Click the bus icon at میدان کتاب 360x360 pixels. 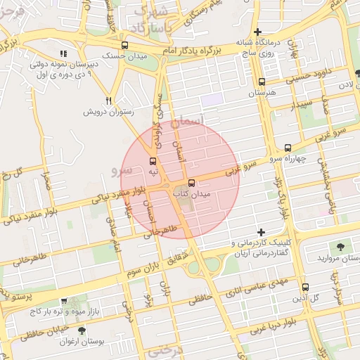pos(192,184)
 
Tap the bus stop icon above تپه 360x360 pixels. pos(153,161)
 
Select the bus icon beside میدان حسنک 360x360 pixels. pos(124,44)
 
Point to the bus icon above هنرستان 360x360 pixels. pos(262,82)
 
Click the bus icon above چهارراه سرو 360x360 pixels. pos(288,148)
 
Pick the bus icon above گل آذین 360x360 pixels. pos(304,287)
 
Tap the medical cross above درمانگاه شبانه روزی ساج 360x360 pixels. pos(258,32)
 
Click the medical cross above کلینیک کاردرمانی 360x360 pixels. pos(261,232)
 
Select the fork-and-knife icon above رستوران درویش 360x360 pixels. pos(108,101)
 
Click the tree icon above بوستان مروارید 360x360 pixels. pos(340,247)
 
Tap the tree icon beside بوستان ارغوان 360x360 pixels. pos(82,330)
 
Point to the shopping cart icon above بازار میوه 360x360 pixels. pos(64,300)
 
